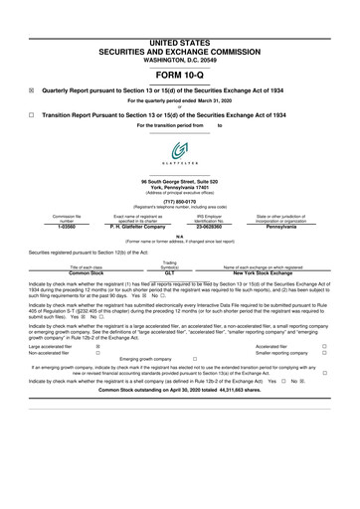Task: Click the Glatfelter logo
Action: pos(180,151)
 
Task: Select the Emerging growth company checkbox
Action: pos(196,359)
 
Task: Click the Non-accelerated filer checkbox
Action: pos(97,353)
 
